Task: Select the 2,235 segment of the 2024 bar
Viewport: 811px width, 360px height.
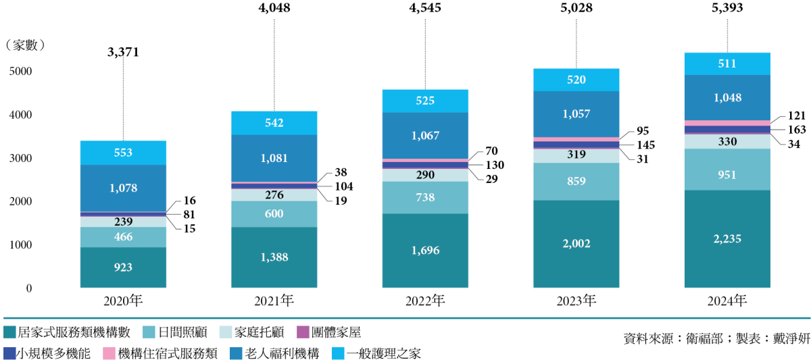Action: pos(727,239)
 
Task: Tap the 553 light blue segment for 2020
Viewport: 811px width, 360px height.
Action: pos(123,153)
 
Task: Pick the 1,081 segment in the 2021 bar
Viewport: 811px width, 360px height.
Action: pos(274,159)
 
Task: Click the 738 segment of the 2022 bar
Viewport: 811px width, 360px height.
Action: pos(424,197)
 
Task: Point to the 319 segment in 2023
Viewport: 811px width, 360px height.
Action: pos(576,154)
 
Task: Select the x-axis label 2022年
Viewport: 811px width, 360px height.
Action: pos(425,301)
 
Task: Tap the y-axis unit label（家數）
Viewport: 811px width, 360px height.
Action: pos(25,45)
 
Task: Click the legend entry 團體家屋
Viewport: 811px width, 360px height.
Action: pos(336,332)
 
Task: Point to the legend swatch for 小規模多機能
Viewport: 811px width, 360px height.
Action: pos(9,353)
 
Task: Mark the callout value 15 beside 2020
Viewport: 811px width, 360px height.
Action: pos(189,228)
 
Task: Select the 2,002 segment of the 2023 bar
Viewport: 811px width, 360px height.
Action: pos(576,244)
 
